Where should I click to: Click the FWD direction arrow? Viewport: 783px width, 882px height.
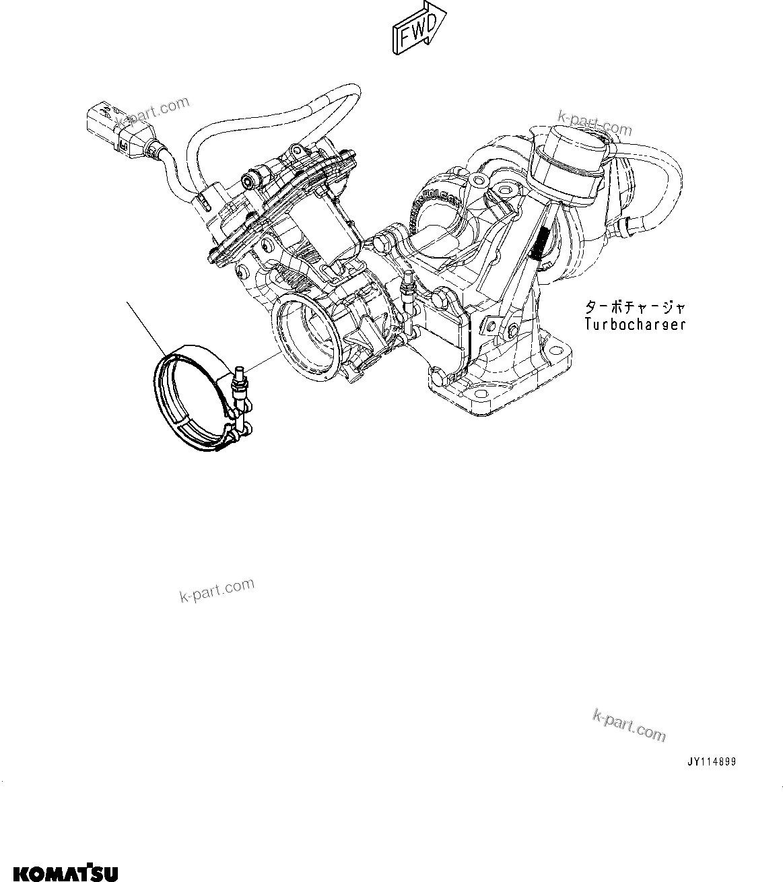point(418,29)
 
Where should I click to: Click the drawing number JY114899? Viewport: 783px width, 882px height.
point(711,762)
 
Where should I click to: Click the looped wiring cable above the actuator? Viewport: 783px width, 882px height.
point(269,114)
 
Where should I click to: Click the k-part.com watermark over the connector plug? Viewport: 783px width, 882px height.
point(152,113)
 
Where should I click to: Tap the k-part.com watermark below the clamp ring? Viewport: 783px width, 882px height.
point(217,590)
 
